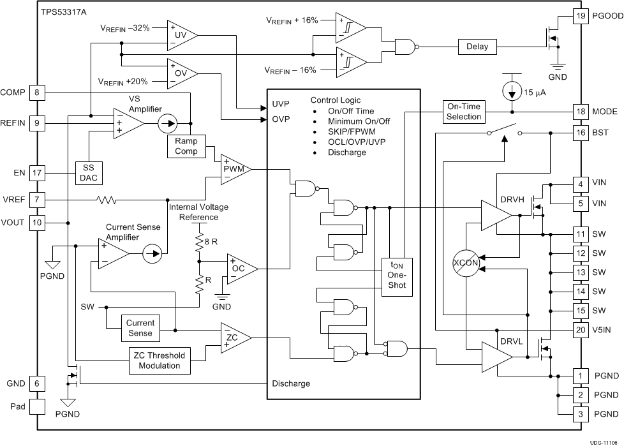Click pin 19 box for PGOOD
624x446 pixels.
(580, 16)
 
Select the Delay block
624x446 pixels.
(477, 46)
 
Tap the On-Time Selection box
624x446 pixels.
(464, 112)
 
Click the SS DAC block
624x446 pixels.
(89, 173)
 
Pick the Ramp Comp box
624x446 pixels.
(186, 146)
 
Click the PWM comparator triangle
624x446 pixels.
(234, 169)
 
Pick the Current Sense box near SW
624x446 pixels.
(140, 327)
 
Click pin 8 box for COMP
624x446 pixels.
(36, 93)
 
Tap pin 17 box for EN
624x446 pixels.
(36, 172)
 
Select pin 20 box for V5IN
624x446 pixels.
(580, 330)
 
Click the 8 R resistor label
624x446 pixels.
(211, 241)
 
